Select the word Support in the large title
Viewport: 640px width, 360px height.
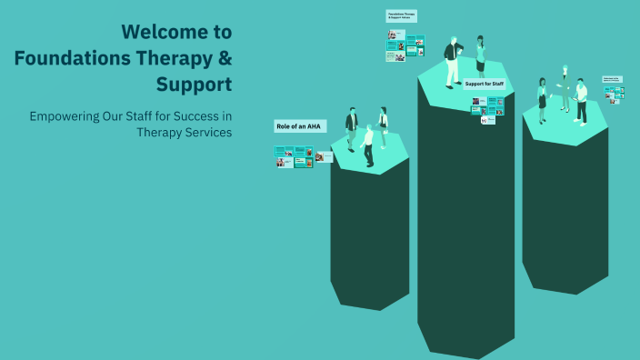pos(194,85)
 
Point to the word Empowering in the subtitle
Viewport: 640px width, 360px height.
pos(66,116)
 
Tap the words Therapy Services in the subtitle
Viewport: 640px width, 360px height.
pos(184,132)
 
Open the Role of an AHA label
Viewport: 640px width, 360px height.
pos(299,126)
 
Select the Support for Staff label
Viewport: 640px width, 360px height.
pos(484,84)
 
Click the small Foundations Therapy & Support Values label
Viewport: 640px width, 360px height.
pos(401,15)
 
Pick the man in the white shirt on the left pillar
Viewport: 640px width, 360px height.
pos(368,145)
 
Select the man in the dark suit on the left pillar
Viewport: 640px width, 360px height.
pos(351,128)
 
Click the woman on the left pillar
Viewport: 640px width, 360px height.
pos(384,126)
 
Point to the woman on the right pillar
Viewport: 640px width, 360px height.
pos(543,99)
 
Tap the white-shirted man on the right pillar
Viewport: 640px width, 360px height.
pos(581,101)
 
